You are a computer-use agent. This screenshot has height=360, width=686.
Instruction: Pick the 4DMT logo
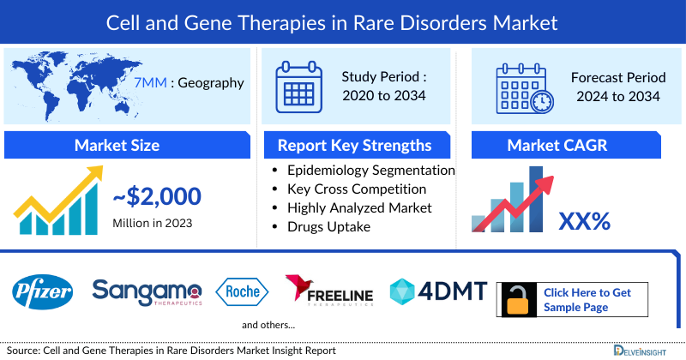tap(438, 291)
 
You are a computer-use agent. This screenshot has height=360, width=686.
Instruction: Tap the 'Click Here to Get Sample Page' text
tap(587, 299)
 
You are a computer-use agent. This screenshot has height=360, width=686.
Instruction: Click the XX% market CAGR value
tap(584, 221)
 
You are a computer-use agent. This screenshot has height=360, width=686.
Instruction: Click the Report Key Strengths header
tap(355, 145)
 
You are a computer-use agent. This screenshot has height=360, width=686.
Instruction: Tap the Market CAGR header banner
tap(569, 145)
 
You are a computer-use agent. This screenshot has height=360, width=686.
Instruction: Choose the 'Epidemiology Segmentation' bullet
tap(370, 171)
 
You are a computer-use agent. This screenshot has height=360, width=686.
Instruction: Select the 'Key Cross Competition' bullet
tap(356, 189)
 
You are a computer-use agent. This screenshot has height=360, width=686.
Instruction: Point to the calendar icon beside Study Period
tap(297, 86)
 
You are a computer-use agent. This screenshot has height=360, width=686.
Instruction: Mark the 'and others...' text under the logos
tap(268, 325)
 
